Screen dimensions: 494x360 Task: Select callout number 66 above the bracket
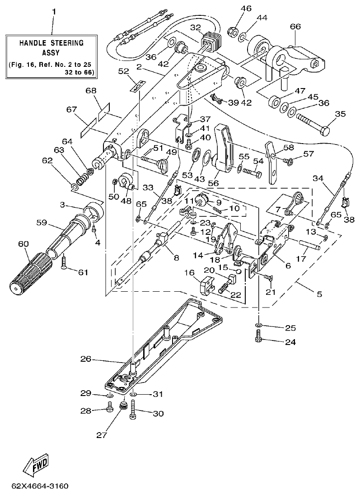[x=295, y=27]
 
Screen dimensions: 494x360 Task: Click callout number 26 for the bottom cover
[x=86, y=359]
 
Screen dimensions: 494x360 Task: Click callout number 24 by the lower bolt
[x=290, y=342]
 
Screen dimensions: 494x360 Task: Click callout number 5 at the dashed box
[x=319, y=294]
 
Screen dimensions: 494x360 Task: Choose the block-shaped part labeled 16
[x=206, y=287]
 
